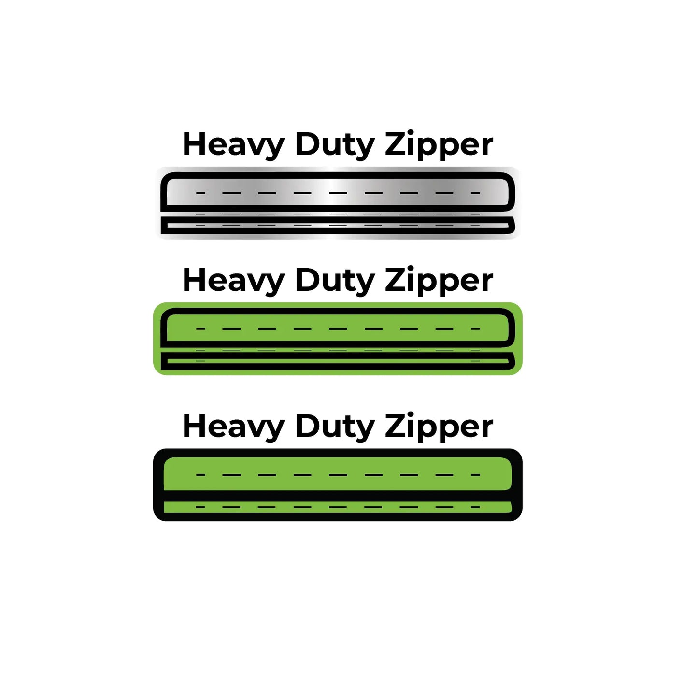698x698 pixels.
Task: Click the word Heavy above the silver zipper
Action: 233,145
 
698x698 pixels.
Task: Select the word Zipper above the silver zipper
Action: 439,145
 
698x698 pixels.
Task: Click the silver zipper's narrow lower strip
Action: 338,225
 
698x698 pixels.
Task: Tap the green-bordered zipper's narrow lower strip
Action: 338,361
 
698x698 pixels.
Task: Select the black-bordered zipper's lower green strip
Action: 338,507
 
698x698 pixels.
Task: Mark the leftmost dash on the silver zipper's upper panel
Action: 200,193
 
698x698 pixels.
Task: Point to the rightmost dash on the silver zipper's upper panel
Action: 475,193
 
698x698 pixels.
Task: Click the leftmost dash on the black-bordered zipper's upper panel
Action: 200,475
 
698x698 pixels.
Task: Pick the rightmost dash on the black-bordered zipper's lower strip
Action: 475,507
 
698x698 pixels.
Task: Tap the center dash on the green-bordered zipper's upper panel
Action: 338,329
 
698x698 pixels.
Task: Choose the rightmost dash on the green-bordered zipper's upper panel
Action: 475,329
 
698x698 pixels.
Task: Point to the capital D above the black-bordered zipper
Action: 308,426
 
